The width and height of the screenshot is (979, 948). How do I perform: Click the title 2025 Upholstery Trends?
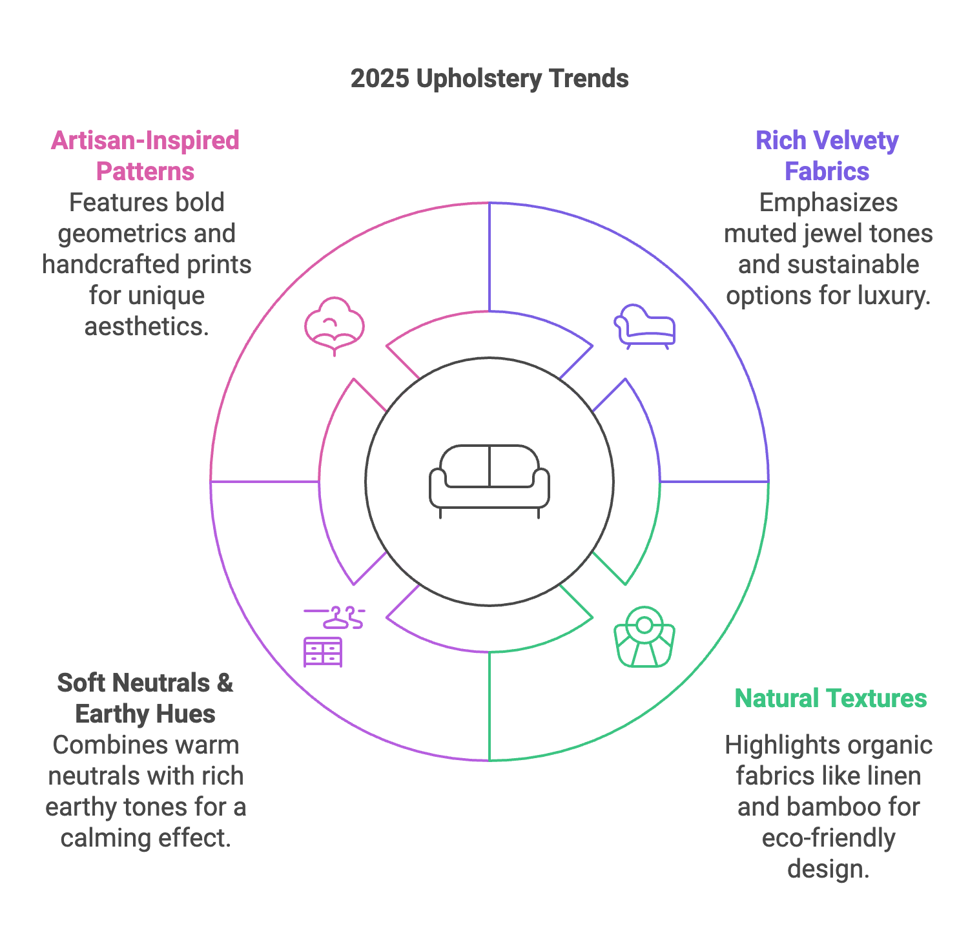pos(489,79)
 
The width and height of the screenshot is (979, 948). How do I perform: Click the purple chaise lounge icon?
pos(644,326)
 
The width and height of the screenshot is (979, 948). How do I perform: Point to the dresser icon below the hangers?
pos(323,652)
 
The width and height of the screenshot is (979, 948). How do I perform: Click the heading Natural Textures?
pos(830,699)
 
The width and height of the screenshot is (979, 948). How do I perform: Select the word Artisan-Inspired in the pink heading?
pos(145,141)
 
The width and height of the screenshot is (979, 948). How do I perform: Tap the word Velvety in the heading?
pos(856,141)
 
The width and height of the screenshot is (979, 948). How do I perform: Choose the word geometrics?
pos(121,234)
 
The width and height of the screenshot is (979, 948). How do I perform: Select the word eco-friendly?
pos(829,838)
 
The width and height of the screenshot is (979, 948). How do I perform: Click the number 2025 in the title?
pos(380,79)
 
